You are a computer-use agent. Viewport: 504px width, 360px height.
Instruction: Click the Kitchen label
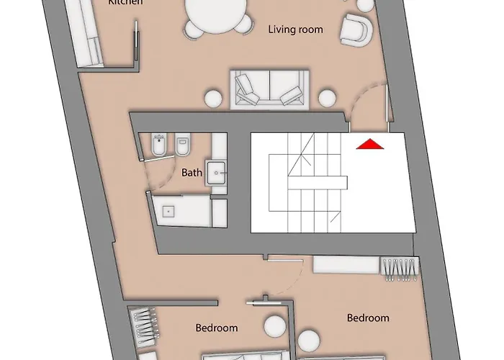[125, 3]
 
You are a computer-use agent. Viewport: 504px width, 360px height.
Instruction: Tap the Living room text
[295, 30]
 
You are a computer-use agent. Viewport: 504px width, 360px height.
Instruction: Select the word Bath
[192, 172]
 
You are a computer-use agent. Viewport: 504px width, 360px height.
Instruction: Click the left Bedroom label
[217, 328]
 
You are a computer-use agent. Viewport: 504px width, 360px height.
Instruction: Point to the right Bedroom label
[368, 318]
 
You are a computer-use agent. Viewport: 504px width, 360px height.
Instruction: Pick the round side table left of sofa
[213, 98]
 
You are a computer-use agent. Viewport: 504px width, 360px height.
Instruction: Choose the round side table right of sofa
[327, 98]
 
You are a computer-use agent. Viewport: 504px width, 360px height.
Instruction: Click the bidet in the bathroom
[159, 147]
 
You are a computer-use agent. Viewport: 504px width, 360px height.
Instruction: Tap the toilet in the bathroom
[183, 147]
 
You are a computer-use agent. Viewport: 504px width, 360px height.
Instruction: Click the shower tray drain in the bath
[169, 211]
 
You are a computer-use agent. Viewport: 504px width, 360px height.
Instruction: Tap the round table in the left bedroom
[274, 327]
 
